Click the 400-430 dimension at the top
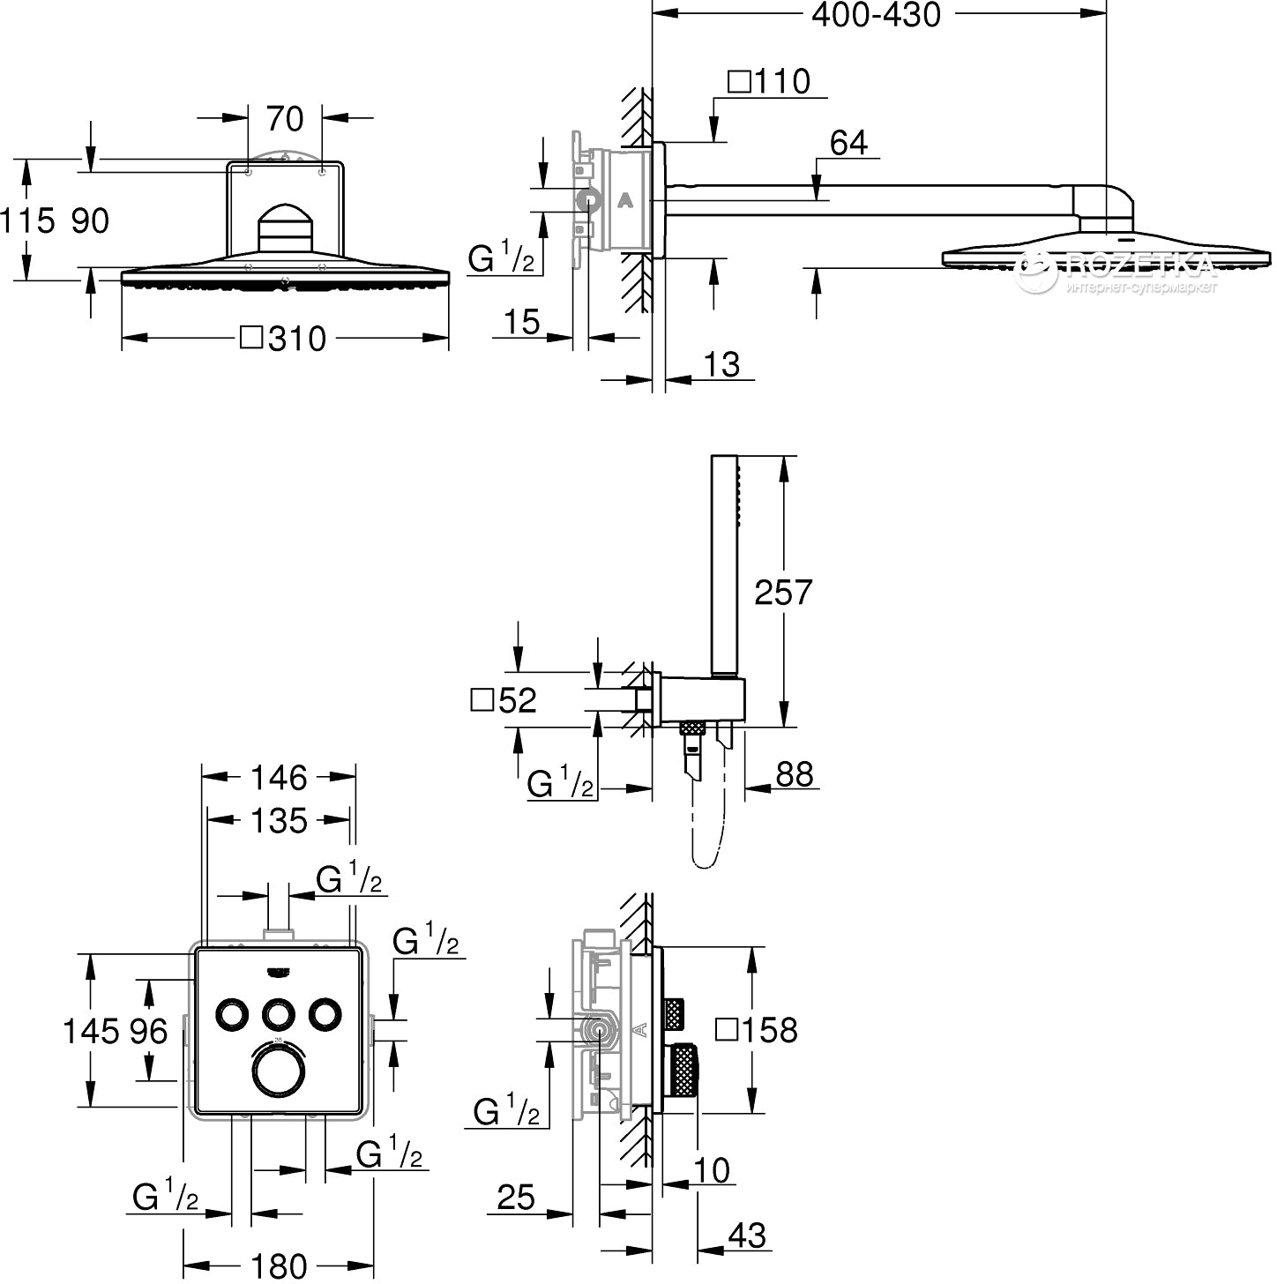click(876, 15)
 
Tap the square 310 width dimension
click(284, 338)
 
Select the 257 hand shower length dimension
click(783, 592)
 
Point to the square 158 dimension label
click(757, 1029)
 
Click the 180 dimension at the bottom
click(279, 1266)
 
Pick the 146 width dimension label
click(279, 777)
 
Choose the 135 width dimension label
click(279, 820)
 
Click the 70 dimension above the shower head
click(284, 118)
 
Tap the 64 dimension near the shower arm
click(848, 143)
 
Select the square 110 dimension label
click(769, 82)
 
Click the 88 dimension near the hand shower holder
click(794, 774)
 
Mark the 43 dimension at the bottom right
click(746, 1235)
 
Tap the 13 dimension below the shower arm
click(722, 364)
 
